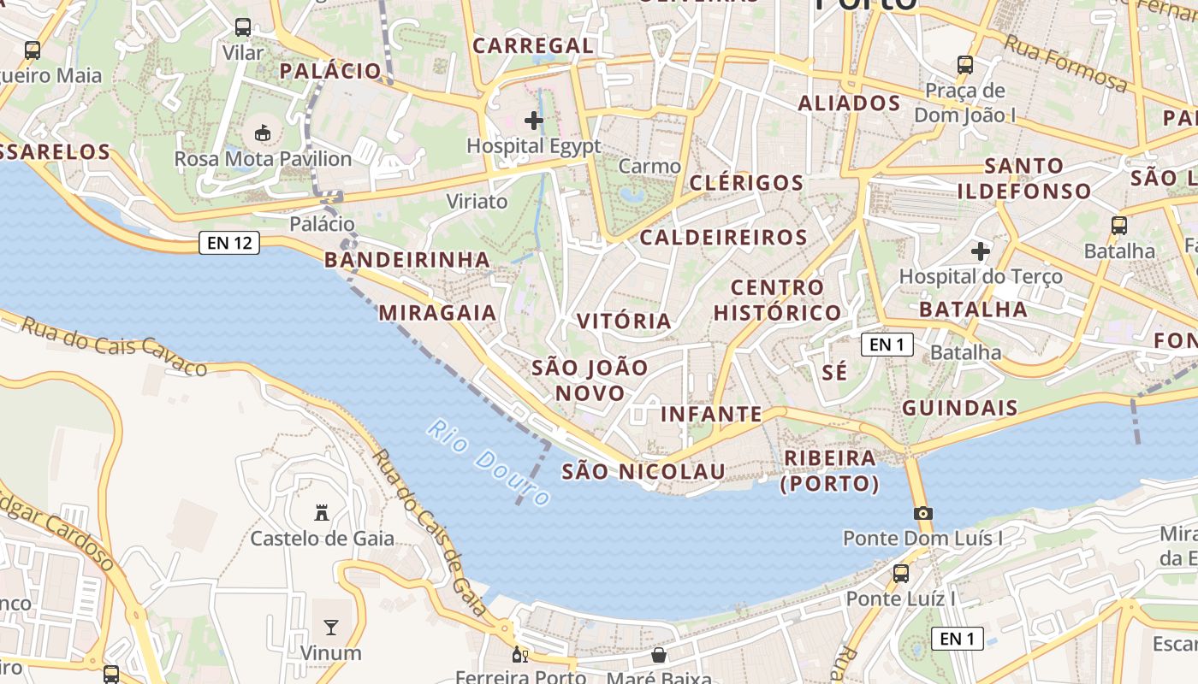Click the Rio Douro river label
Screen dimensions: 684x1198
point(489,463)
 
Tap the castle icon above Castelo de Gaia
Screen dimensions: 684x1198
point(322,513)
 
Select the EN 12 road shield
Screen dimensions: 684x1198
point(229,243)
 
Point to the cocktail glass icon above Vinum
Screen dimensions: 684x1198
point(331,628)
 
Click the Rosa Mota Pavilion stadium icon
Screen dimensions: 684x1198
point(263,133)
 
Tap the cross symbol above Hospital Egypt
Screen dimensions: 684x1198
point(534,121)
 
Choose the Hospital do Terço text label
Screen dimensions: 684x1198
point(980,276)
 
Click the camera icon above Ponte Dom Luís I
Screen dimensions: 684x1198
point(922,514)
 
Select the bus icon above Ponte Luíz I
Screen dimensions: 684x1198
point(900,574)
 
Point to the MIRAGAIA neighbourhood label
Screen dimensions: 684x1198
point(437,313)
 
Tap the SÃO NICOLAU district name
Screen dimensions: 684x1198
point(643,471)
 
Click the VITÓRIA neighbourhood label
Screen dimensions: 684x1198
point(624,321)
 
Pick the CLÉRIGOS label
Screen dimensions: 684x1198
point(746,183)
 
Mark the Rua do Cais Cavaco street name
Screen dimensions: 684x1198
point(114,345)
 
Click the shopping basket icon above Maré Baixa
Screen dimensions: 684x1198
point(659,655)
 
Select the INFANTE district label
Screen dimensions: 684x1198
point(711,415)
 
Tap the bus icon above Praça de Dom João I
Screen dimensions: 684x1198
point(965,64)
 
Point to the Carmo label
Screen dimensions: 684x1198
point(649,166)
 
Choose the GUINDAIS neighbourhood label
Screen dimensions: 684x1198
point(960,408)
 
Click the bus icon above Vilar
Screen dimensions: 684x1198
point(243,27)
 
